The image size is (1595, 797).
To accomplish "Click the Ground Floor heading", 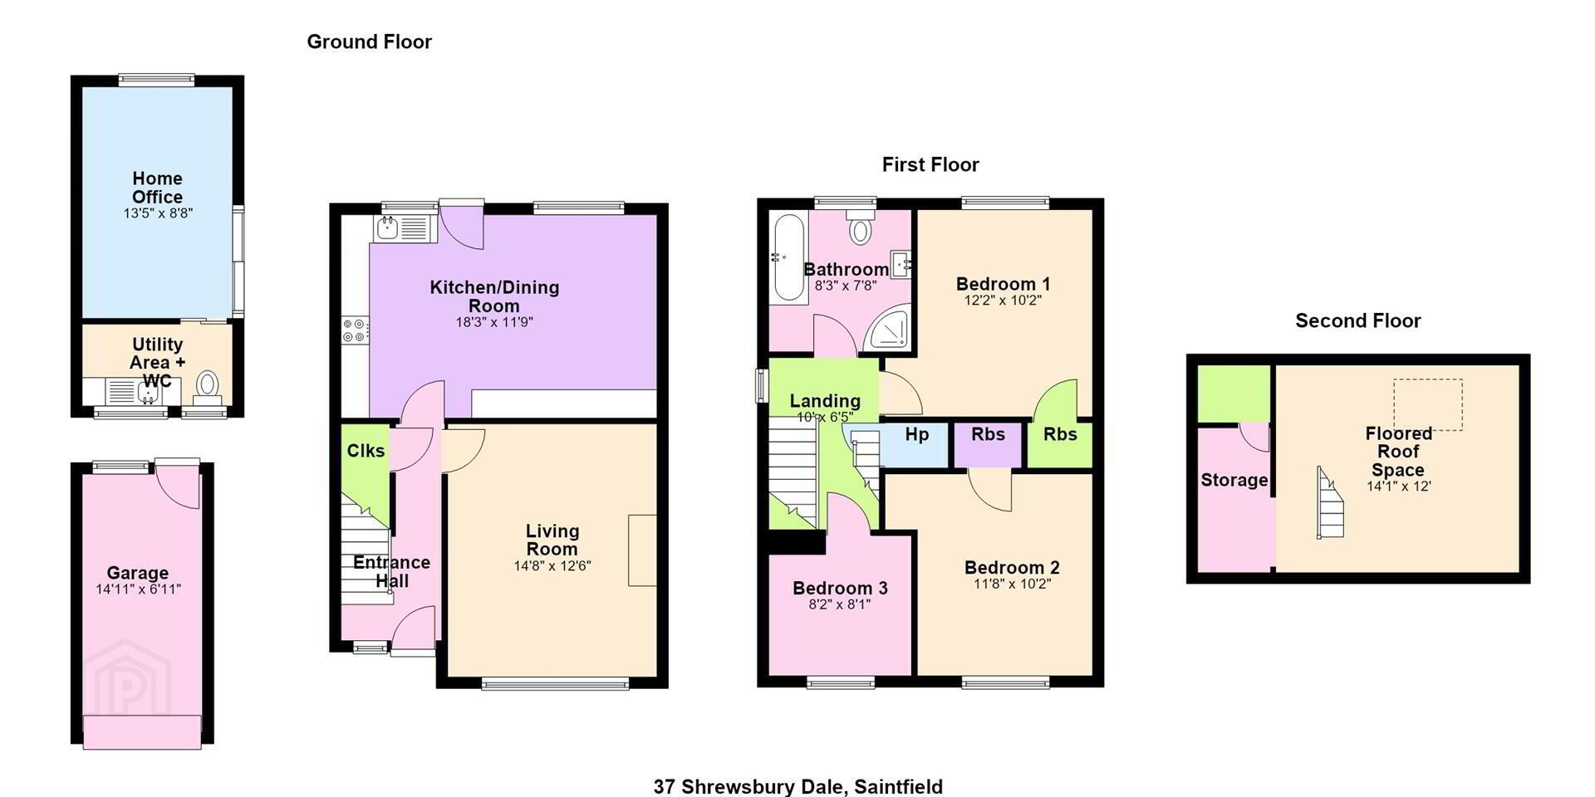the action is click(370, 42).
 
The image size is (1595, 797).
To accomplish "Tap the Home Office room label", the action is click(157, 188).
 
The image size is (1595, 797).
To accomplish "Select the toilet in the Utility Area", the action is click(207, 387).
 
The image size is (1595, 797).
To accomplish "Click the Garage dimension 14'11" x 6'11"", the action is click(138, 589).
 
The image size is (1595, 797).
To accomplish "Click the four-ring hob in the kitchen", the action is click(355, 330).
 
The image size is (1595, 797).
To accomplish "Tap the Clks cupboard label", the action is click(366, 450).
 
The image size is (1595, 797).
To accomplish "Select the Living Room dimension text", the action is click(552, 566).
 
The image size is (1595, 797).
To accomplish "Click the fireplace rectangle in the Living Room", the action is click(642, 550).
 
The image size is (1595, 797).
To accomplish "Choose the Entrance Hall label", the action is click(392, 571).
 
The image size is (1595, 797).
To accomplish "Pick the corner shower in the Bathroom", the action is click(887, 330).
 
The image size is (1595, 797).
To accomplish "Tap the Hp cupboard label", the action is click(916, 434).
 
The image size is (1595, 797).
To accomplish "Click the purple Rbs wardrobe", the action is click(987, 445).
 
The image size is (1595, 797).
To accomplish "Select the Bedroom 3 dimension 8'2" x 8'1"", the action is click(840, 604).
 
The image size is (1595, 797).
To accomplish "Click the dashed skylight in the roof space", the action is click(1427, 404).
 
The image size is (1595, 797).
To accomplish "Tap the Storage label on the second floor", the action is click(1234, 480).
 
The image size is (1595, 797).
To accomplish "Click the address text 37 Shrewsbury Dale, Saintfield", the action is click(797, 786).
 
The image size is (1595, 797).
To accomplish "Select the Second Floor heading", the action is click(1358, 320).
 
